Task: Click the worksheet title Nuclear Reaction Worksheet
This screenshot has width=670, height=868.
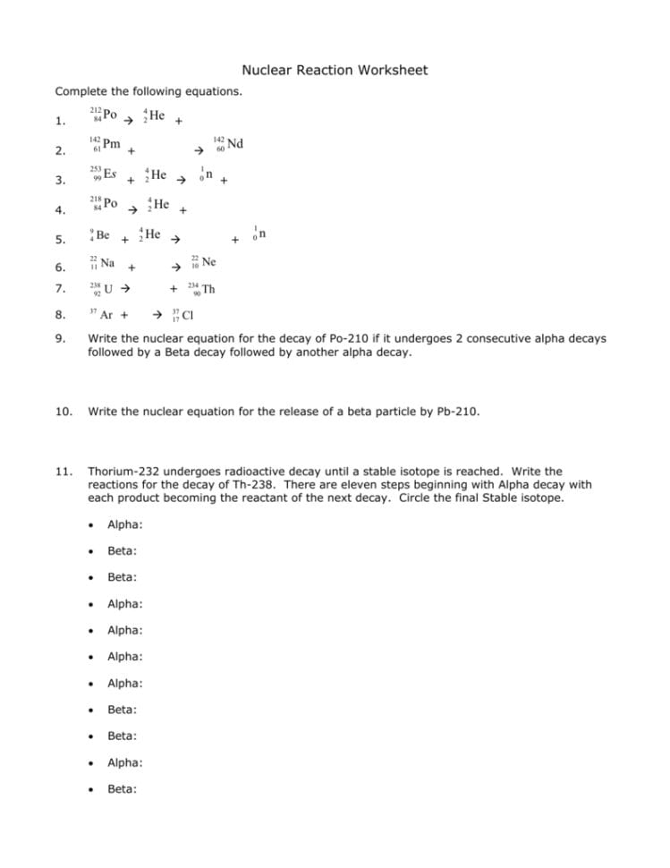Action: [x=335, y=70]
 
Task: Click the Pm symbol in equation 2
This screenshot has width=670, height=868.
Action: [x=112, y=143]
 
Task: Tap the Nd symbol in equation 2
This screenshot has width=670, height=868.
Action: [x=235, y=143]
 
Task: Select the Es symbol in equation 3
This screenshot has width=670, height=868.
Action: [x=110, y=172]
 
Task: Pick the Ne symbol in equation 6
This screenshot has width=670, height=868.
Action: [x=208, y=261]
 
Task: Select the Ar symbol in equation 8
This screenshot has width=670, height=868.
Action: [x=106, y=315]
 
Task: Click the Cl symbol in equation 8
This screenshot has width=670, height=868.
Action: [x=188, y=315]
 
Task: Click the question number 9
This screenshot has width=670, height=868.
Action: [x=60, y=339]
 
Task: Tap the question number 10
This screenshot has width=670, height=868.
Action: [x=63, y=412]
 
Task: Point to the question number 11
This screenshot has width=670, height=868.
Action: [x=63, y=471]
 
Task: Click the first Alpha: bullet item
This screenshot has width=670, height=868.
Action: [x=125, y=525]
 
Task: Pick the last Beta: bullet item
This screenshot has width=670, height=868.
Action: [x=123, y=789]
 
